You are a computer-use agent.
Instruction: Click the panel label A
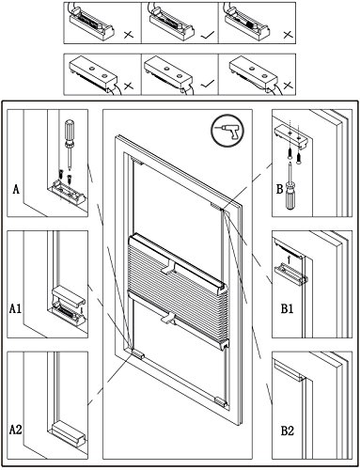click(16, 189)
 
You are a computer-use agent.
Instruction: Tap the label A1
click(15, 309)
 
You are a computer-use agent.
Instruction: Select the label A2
click(15, 430)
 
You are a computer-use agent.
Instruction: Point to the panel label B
click(279, 189)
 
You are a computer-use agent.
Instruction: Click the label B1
click(287, 309)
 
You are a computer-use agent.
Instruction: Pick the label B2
click(287, 431)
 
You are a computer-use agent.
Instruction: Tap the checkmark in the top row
click(207, 36)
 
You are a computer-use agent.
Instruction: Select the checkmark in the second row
click(207, 84)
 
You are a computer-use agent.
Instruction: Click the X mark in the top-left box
click(129, 34)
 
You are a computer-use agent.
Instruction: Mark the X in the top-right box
click(288, 34)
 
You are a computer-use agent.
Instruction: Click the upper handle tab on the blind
click(169, 267)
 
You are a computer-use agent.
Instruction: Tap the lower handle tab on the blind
click(169, 318)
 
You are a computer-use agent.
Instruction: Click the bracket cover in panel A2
click(69, 433)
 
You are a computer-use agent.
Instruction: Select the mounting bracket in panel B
click(292, 134)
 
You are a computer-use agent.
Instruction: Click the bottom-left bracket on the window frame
click(138, 354)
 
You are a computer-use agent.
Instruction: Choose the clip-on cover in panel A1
click(68, 296)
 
